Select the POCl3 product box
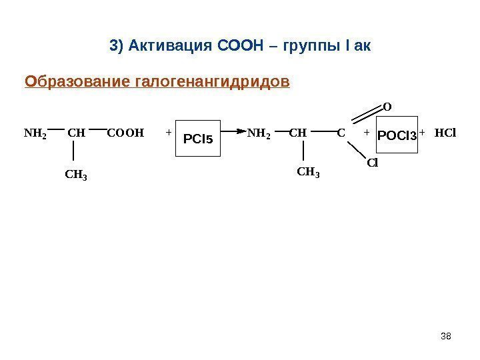pos(397,136)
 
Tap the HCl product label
pos(445,133)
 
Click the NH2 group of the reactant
pos(35,133)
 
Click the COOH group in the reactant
pos(125,133)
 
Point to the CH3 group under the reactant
pos(77,175)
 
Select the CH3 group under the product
pos(308,173)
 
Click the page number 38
pos(447,335)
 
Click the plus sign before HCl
pos(422,133)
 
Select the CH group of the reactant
pos(77,133)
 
